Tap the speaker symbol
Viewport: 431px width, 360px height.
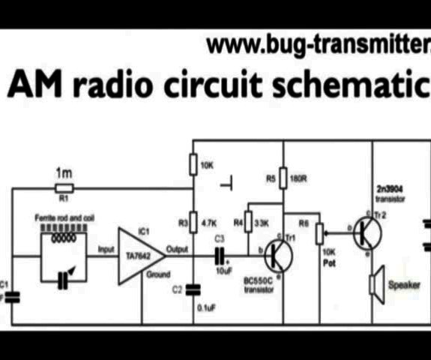point(376,284)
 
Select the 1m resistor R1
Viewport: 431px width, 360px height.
point(64,187)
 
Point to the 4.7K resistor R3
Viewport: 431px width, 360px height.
point(193,223)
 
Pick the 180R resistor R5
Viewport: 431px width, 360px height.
point(282,179)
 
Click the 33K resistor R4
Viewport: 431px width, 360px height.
point(249,223)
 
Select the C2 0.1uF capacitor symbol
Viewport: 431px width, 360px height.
point(193,288)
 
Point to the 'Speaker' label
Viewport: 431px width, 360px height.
point(403,285)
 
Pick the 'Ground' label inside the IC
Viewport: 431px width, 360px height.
point(157,274)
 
